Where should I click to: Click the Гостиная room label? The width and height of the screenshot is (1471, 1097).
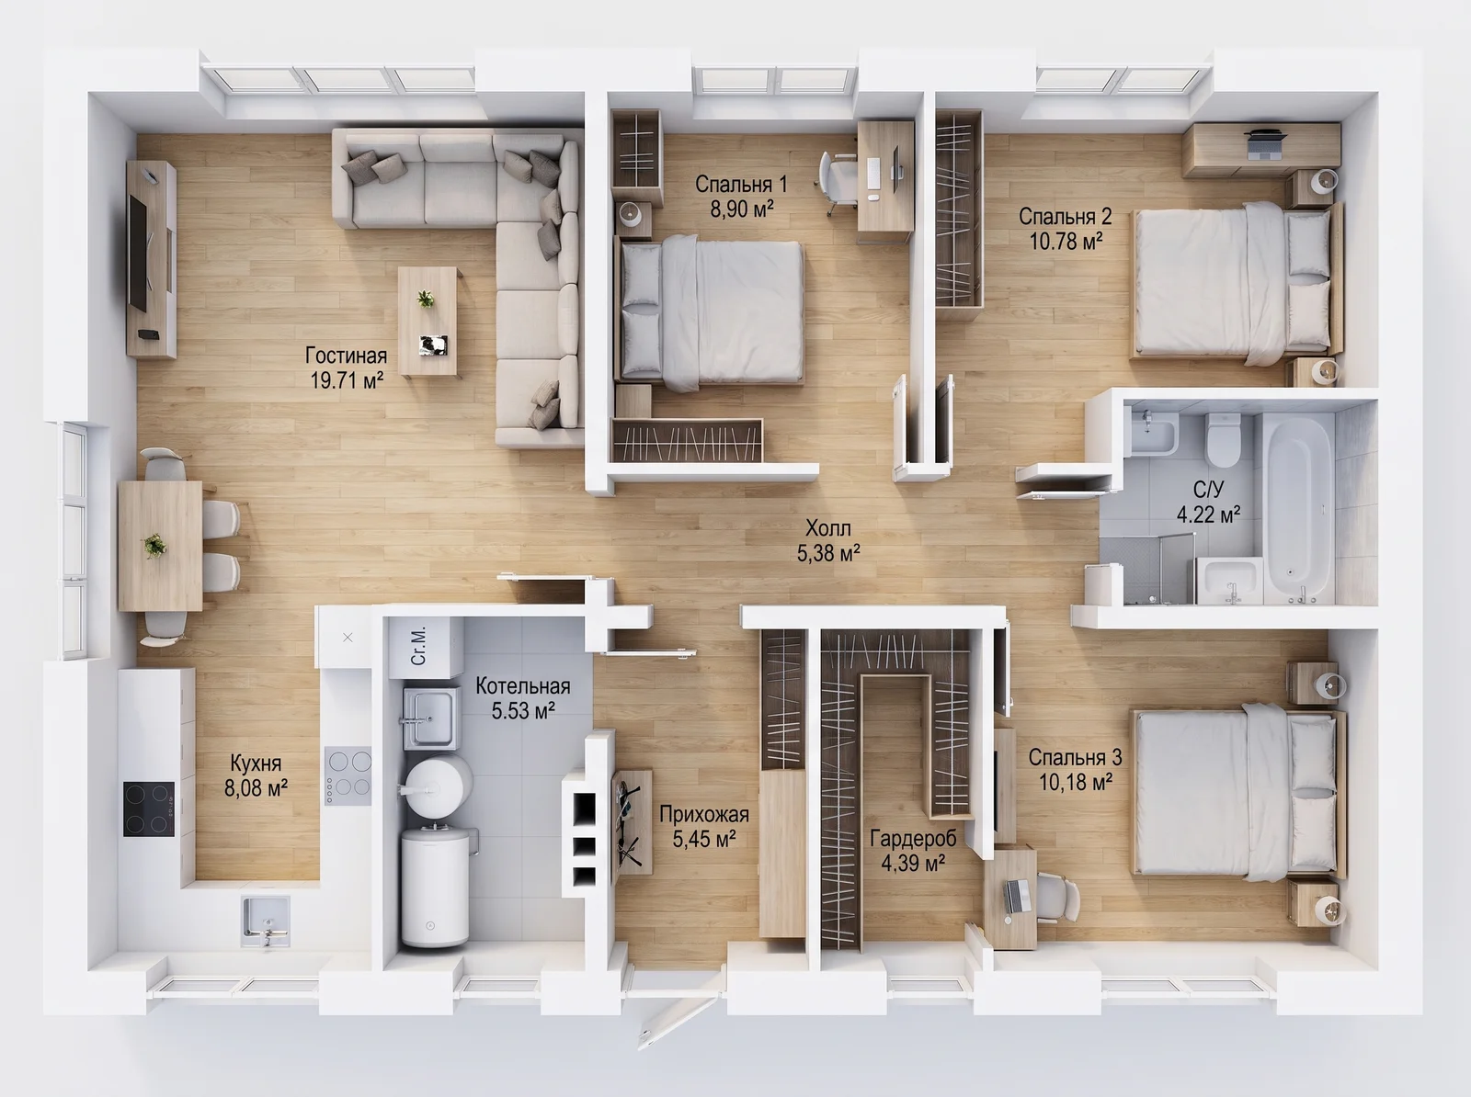pos(346,355)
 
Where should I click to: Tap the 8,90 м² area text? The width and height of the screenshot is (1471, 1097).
pos(741,209)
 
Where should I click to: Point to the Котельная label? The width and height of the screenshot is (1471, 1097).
pos(523,685)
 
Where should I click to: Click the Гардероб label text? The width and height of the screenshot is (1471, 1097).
pos(913,839)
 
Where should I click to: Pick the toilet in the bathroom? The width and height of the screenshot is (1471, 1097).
pos(1223,439)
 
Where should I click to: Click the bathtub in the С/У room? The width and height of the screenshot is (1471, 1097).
pos(1299,509)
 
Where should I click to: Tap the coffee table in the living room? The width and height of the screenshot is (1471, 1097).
pos(428,322)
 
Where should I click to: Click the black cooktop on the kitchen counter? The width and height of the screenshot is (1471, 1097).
pos(149,809)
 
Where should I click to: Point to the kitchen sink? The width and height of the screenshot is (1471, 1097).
pos(266,921)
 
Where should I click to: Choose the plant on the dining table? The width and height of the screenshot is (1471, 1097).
pos(154,545)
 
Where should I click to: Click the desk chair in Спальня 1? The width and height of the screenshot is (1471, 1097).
pos(837,182)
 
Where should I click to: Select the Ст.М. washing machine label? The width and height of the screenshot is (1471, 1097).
pos(418,646)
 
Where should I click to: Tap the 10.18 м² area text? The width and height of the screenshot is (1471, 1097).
pos(1076,782)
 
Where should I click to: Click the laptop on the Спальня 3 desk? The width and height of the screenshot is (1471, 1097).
pos(1019,896)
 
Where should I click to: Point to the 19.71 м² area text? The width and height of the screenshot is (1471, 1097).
pos(347,380)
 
